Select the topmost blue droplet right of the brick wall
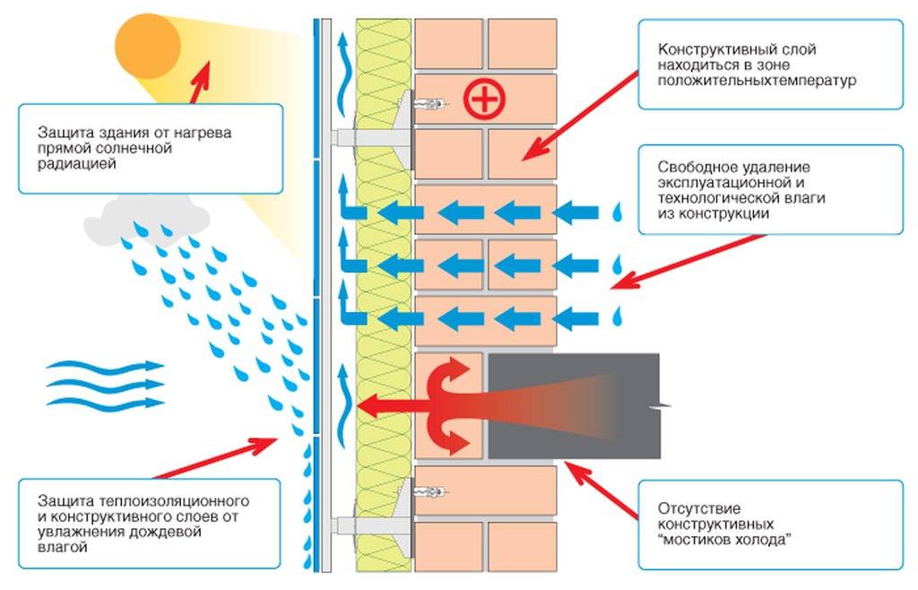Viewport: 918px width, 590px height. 617,212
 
